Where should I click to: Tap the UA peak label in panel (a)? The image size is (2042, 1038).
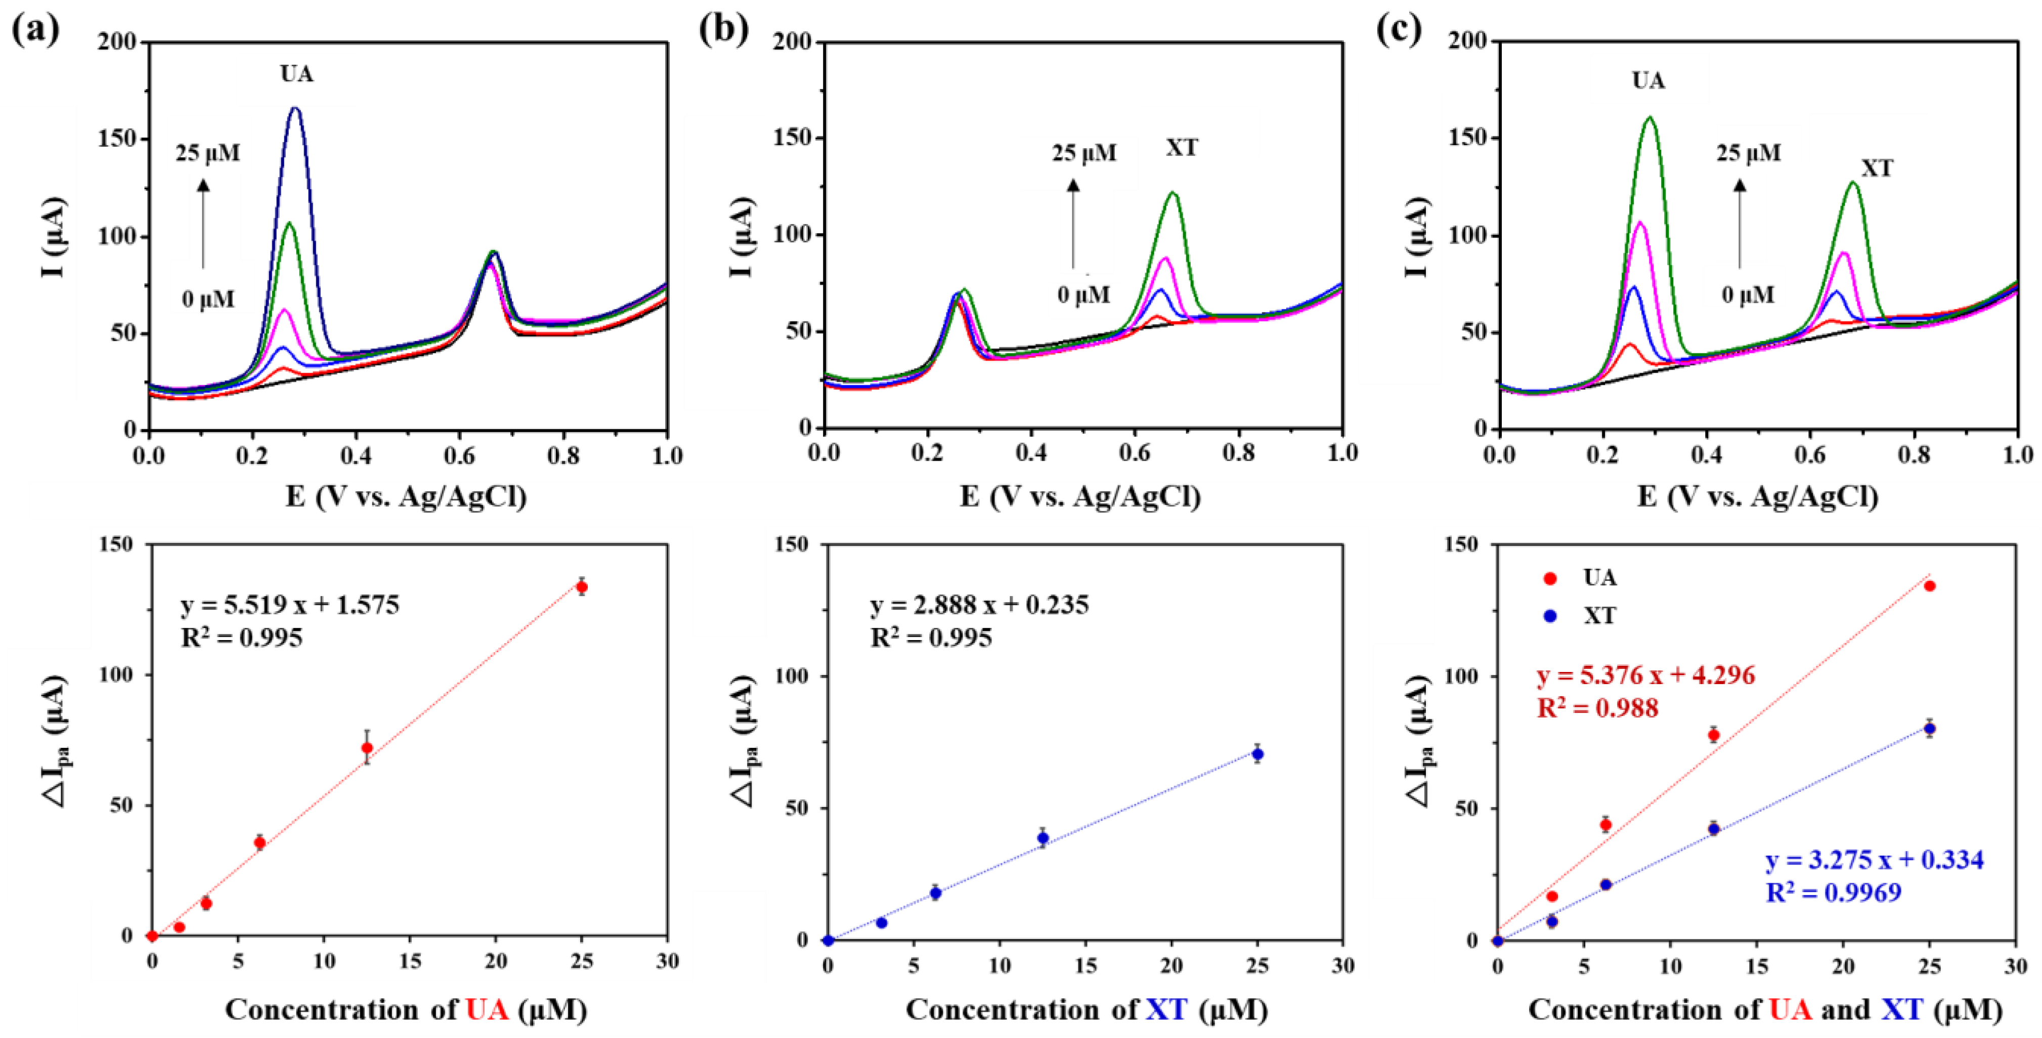coord(296,74)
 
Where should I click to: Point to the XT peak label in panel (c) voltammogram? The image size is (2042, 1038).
coord(1876,168)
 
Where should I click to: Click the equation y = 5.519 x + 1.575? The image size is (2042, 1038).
coord(290,605)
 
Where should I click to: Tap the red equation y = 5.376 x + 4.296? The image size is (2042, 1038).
coord(1645,675)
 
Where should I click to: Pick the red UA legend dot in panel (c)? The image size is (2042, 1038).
coord(1550,578)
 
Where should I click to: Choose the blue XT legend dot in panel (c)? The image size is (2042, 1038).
coord(1550,616)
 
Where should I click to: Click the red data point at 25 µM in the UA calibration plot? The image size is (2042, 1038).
coord(582,587)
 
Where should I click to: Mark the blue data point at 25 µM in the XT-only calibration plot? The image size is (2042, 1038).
coord(1257,753)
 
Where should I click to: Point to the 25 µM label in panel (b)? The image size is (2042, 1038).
coord(1083,153)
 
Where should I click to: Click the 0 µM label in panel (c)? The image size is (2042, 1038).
coord(1748,295)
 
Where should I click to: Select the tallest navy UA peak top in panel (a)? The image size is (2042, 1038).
coord(296,109)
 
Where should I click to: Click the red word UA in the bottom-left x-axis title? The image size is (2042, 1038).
coord(487,1010)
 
